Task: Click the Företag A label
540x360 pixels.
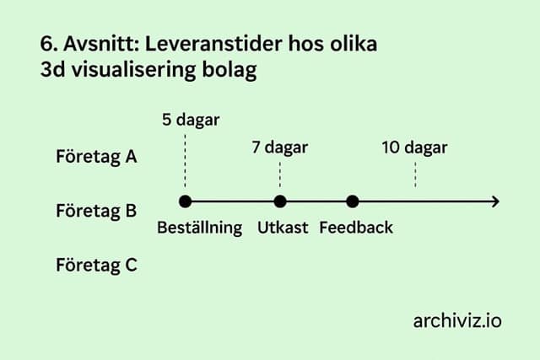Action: click(x=96, y=157)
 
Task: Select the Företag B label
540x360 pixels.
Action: click(x=96, y=210)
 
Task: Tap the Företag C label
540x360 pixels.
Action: click(x=96, y=265)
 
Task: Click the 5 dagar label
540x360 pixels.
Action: click(x=191, y=120)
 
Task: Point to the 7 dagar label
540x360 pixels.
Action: click(x=279, y=148)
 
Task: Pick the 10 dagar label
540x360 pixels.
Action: click(x=414, y=148)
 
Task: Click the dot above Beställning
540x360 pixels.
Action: click(x=186, y=201)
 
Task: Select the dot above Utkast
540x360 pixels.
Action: click(x=280, y=201)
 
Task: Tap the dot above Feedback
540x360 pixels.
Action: click(x=353, y=201)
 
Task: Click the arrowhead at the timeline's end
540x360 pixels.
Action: click(x=495, y=201)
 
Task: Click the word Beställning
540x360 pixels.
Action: click(x=200, y=228)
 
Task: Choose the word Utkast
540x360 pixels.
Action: click(x=283, y=228)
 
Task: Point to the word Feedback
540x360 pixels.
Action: click(x=356, y=228)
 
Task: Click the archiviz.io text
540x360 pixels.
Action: click(x=457, y=320)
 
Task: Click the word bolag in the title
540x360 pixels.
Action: click(x=228, y=71)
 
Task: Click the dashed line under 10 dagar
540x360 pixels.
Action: click(x=415, y=174)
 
